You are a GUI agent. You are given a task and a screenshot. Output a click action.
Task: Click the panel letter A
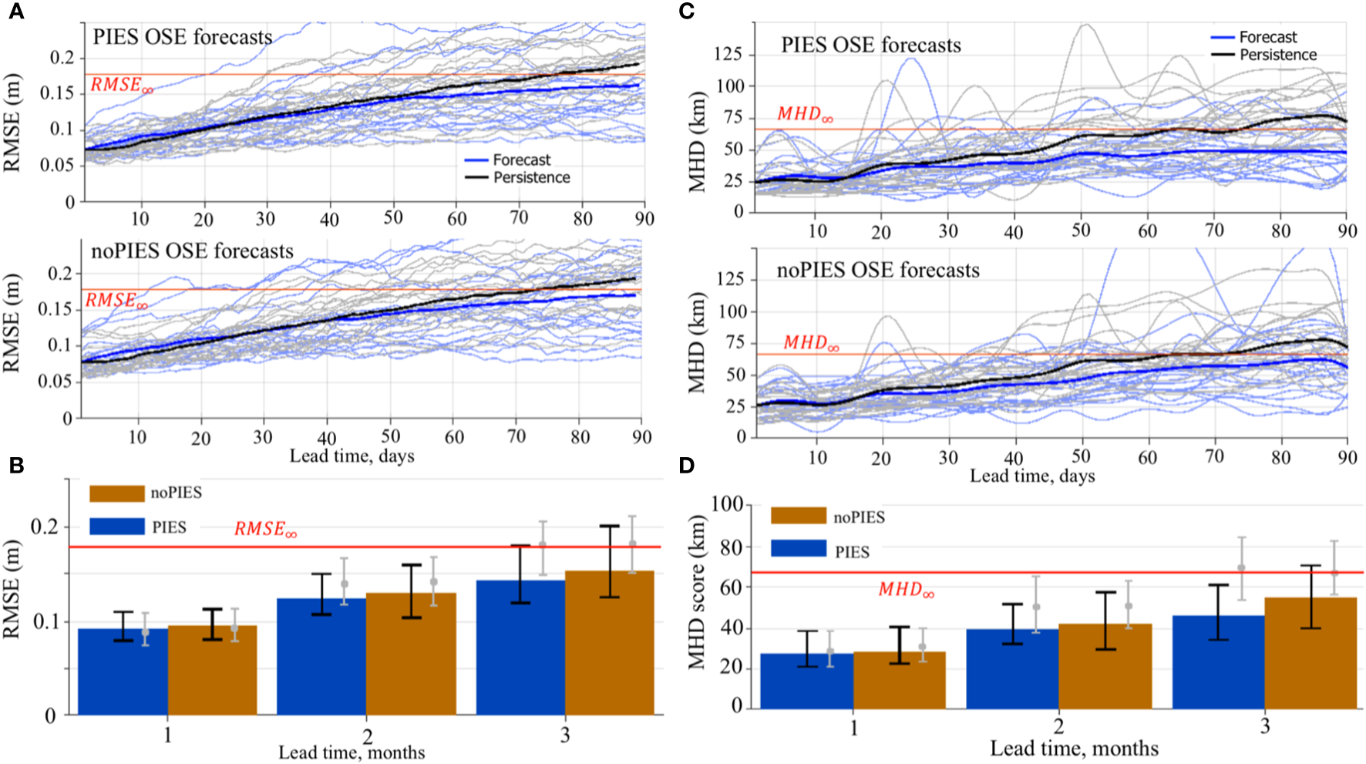pos(15,12)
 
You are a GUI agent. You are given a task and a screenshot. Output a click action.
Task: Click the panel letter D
pos(686,466)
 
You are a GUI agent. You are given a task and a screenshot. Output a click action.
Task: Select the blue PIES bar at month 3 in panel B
pos(520,648)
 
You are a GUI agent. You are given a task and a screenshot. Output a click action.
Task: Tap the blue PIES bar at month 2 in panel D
pos(1012,668)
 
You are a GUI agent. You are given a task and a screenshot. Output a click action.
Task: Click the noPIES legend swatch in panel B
pos(117,493)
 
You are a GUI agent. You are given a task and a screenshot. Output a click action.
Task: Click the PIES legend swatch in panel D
pos(799,549)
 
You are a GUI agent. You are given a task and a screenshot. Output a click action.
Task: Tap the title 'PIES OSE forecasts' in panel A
pos(183,37)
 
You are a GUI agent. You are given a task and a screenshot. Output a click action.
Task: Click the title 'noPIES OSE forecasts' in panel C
pos(878,270)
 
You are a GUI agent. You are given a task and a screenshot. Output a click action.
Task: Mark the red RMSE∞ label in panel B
pos(265,529)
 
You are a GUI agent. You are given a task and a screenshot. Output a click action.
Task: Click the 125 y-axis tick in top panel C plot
pos(728,54)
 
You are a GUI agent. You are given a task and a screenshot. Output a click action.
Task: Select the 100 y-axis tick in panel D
pos(726,505)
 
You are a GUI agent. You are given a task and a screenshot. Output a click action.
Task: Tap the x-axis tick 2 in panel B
pos(368,735)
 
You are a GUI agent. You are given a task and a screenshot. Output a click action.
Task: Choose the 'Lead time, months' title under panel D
pos(1074,748)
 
